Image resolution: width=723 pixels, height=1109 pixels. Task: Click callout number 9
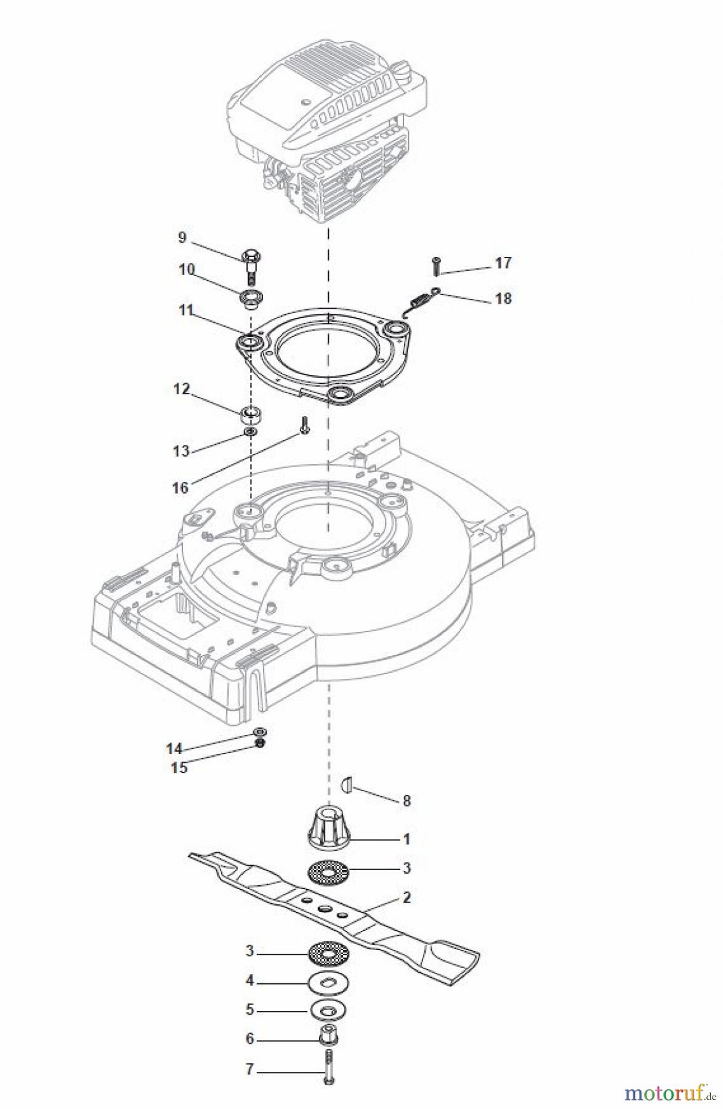pos(182,237)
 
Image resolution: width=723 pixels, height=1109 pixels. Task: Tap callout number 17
pos(503,263)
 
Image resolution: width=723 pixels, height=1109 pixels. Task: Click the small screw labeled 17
pos(436,266)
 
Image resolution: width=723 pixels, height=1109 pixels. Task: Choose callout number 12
pos(181,389)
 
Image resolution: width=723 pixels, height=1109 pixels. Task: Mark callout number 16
pos(180,488)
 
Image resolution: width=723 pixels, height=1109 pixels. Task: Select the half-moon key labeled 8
pos(346,784)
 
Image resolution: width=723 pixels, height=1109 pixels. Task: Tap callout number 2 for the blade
pos(406,898)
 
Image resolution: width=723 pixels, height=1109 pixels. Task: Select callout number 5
pos(249,1010)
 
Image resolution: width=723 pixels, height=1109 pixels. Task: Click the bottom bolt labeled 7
pos(328,1069)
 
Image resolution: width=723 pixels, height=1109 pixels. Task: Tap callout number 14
pos(174,749)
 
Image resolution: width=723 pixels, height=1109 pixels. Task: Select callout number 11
pos(186,310)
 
